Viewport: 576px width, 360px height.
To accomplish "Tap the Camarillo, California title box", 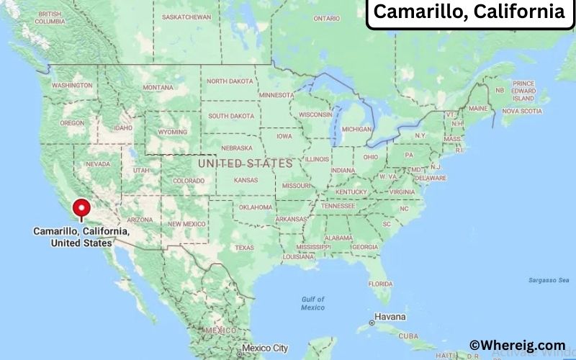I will pos(469,12).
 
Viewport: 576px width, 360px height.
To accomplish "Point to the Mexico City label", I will pos(265,348).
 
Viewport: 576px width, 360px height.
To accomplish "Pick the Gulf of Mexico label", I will pos(312,303).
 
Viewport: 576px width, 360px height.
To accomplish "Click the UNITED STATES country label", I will pos(245,163).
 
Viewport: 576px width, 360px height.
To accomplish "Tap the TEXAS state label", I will pos(244,247).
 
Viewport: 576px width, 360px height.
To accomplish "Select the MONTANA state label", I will pos(158,87).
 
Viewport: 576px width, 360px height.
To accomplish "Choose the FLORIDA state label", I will pos(379,283).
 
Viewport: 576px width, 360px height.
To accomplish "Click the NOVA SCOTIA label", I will pos(521,111).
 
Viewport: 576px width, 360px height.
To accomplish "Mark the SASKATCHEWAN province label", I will pos(186,17).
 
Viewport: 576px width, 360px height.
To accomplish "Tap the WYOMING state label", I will pos(172,132).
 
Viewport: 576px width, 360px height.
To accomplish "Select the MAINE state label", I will pos(477,108).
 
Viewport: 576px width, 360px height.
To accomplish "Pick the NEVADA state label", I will pos(98,164).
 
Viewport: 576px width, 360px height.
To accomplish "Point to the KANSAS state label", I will pos(246,179).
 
